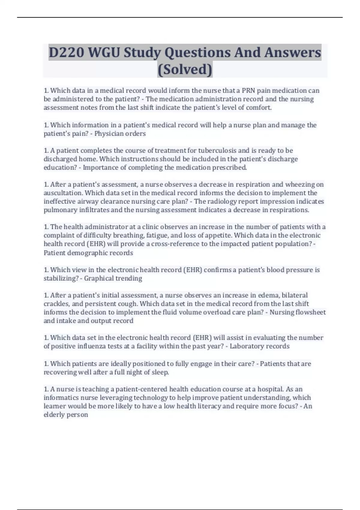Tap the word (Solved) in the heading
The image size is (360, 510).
coord(185,70)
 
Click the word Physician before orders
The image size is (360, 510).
coord(108,133)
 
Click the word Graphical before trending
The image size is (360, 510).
coord(97,278)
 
